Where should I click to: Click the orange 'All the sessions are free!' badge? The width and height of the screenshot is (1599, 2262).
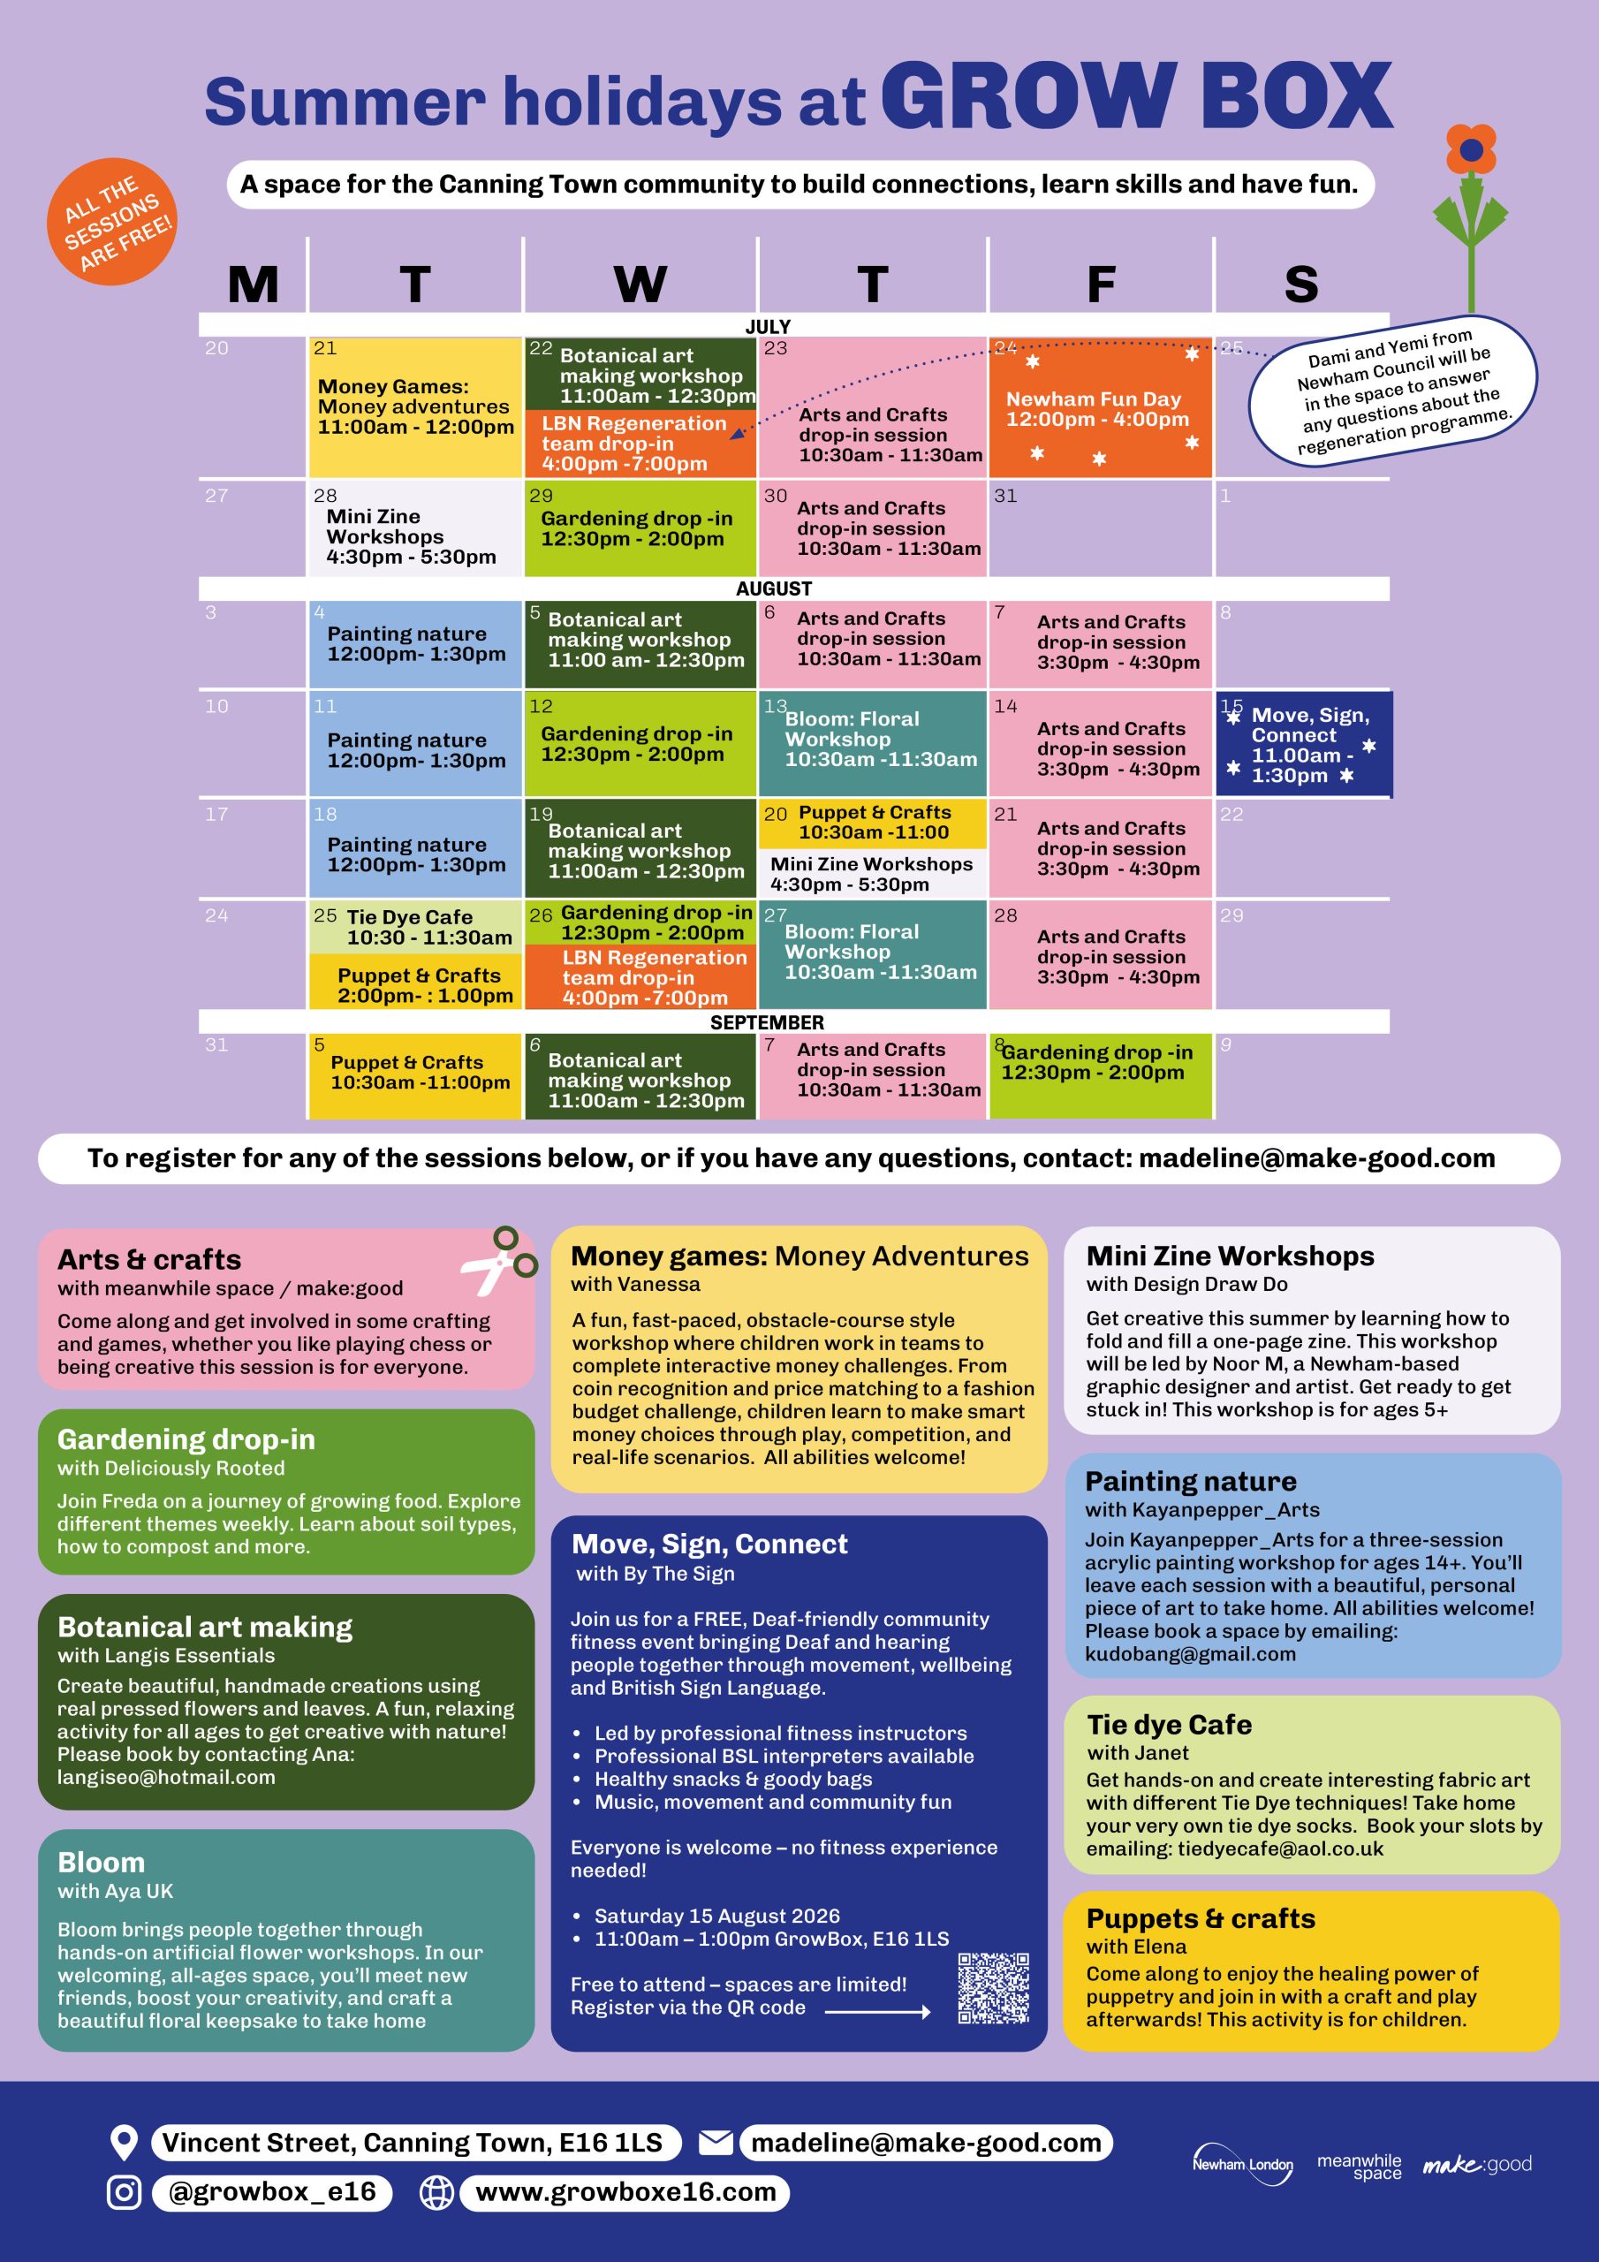click(111, 222)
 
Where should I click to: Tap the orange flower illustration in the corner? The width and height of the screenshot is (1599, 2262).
click(1471, 216)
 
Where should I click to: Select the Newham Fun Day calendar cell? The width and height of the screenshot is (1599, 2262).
click(1100, 408)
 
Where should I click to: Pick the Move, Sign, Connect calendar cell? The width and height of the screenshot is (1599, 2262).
click(1303, 744)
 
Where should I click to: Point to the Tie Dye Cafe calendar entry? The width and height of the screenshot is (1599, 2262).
click(415, 927)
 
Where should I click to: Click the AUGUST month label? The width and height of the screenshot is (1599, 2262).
click(773, 588)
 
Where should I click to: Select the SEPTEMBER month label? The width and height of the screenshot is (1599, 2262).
click(767, 1022)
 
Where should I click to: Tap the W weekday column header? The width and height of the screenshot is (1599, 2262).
click(640, 285)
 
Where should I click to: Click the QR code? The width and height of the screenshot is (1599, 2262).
click(993, 1988)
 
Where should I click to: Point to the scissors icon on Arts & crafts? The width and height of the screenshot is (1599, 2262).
click(498, 1261)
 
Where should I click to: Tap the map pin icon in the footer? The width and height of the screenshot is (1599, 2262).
click(123, 2143)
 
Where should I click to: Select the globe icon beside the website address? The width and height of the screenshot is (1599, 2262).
click(436, 2192)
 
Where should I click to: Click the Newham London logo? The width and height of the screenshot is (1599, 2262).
click(1242, 2164)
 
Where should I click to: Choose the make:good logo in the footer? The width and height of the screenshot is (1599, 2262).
click(1477, 2164)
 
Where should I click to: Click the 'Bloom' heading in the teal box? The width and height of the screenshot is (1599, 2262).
click(102, 1862)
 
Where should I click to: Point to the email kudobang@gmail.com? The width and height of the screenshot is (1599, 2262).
click(1190, 1654)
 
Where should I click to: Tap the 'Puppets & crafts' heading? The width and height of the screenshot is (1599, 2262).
click(1201, 1918)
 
